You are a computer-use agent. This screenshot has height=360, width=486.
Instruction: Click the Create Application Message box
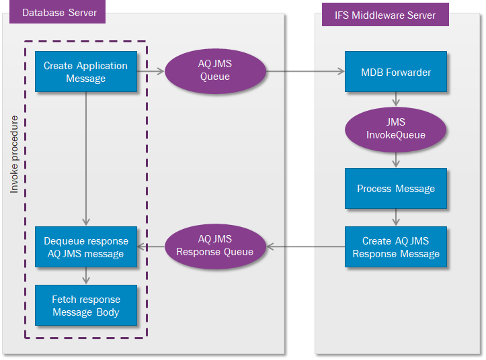(85, 72)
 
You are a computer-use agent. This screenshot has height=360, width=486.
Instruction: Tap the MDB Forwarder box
(395, 72)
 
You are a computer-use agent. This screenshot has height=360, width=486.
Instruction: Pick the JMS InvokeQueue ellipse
(395, 129)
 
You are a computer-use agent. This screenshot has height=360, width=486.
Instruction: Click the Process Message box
(395, 188)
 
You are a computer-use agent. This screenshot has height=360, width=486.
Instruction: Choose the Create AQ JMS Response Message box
(395, 247)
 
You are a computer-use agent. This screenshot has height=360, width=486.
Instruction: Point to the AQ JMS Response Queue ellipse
(215, 246)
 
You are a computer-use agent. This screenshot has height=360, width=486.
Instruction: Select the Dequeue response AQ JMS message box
(85, 247)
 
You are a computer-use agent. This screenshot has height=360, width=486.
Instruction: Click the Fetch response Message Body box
(85, 306)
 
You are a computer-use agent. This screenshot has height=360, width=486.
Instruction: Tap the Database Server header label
(59, 13)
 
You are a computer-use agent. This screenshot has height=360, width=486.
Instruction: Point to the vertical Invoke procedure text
(14, 154)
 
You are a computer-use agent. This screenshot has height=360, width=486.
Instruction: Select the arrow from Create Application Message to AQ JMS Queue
(151, 70)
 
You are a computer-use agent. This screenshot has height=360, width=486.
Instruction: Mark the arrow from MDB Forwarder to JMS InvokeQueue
(396, 99)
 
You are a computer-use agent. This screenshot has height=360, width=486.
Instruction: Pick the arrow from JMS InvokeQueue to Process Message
(396, 159)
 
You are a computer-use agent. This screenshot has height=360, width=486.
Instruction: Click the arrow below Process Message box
(396, 217)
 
